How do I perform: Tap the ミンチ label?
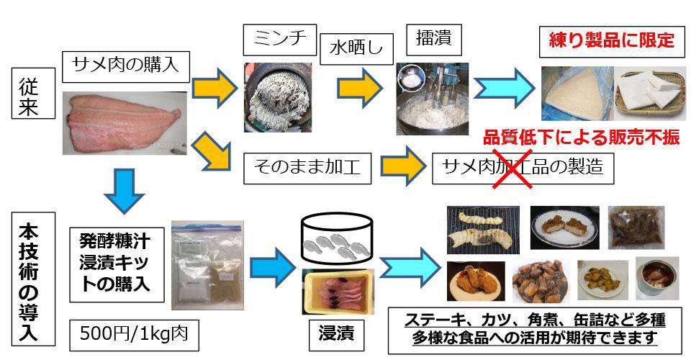pos(279,40)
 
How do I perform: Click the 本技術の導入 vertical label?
pos(30,274)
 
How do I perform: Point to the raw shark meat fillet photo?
pos(127,122)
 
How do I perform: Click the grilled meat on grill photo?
pos(482,228)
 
